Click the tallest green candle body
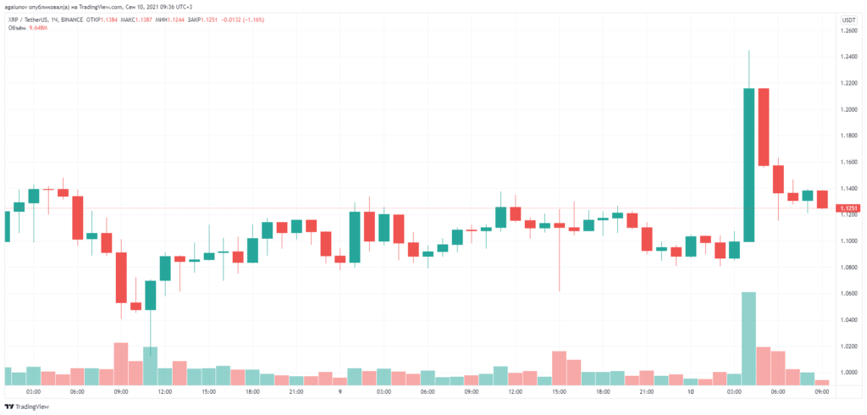pos(748,164)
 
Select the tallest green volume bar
pos(748,339)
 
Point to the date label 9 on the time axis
pos(339,392)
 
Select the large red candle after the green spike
pos(763,126)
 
